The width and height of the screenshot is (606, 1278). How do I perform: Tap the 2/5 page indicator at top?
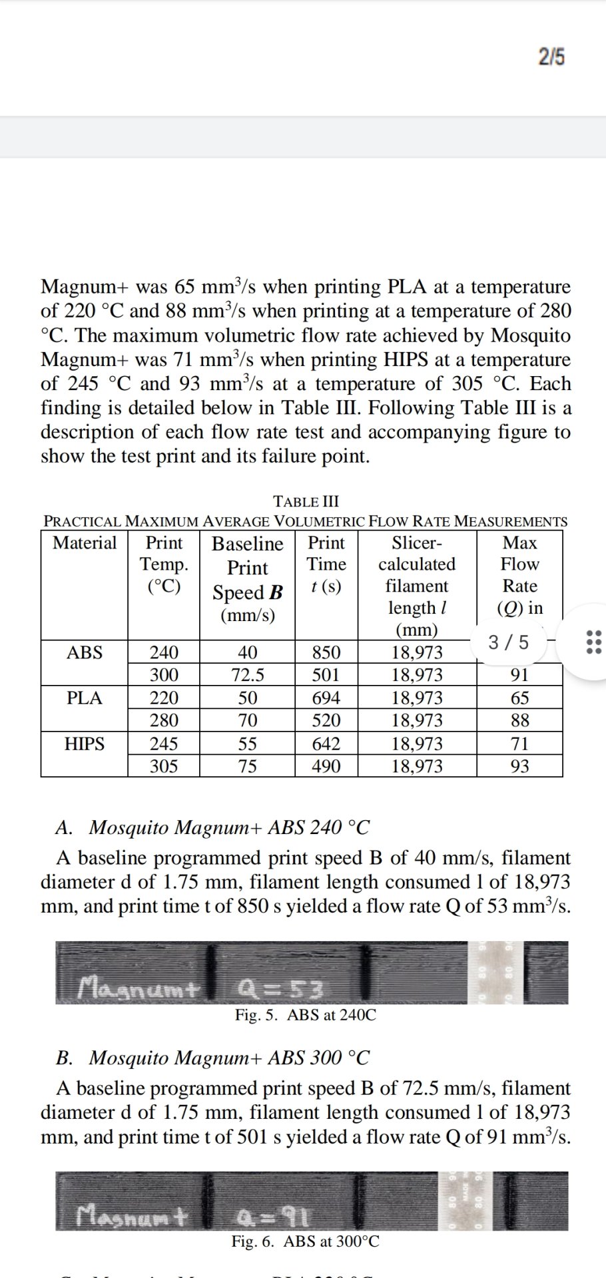(x=551, y=58)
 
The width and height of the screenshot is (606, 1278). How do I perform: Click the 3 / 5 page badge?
(x=509, y=642)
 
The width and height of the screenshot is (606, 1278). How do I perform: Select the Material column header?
(x=85, y=543)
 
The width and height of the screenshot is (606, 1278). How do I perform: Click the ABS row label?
(x=85, y=652)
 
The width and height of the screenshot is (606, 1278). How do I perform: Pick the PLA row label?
(x=85, y=698)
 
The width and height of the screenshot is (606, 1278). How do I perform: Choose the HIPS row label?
(x=85, y=744)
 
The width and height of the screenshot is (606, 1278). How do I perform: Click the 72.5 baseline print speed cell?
(x=247, y=676)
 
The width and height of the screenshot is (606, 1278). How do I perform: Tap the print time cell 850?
(x=326, y=652)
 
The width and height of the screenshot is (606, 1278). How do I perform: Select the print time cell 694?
(x=326, y=698)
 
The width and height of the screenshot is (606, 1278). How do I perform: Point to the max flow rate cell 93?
(x=519, y=766)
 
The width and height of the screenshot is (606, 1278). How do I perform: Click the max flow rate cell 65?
(x=519, y=698)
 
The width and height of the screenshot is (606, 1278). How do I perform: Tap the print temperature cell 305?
(x=163, y=766)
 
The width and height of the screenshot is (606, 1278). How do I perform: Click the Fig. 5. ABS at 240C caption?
(x=306, y=1015)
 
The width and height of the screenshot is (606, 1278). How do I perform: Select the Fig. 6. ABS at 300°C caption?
(x=306, y=1241)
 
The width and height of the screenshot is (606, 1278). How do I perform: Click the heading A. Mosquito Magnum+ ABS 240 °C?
(x=212, y=827)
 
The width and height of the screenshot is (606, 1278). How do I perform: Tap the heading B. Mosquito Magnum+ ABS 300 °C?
(x=212, y=1058)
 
